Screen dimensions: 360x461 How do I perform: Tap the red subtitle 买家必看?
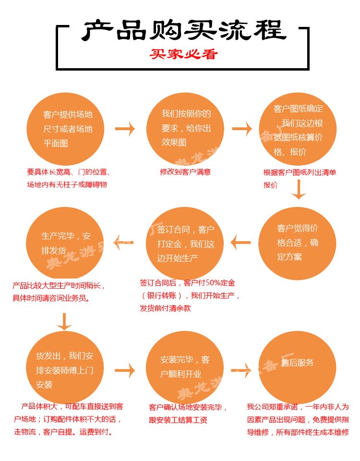coord(183,54)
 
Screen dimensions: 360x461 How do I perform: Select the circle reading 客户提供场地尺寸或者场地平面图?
coord(67,129)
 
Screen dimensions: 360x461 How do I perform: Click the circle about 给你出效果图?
coord(185,128)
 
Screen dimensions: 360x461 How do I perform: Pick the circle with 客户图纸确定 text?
coord(298,129)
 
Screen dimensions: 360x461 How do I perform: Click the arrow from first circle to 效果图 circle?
coord(125,129)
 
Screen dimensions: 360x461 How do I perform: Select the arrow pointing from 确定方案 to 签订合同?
coord(240,243)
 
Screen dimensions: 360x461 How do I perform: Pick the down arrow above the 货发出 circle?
coord(64,321)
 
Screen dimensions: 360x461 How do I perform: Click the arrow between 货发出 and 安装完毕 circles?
coord(125,370)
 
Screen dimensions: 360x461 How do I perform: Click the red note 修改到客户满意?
coord(185,171)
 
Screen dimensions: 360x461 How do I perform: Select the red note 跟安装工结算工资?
coord(178,420)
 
